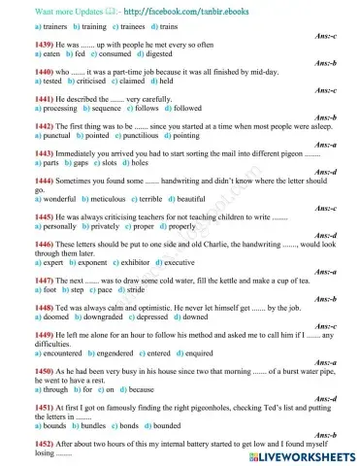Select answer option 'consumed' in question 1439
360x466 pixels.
tap(113, 56)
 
